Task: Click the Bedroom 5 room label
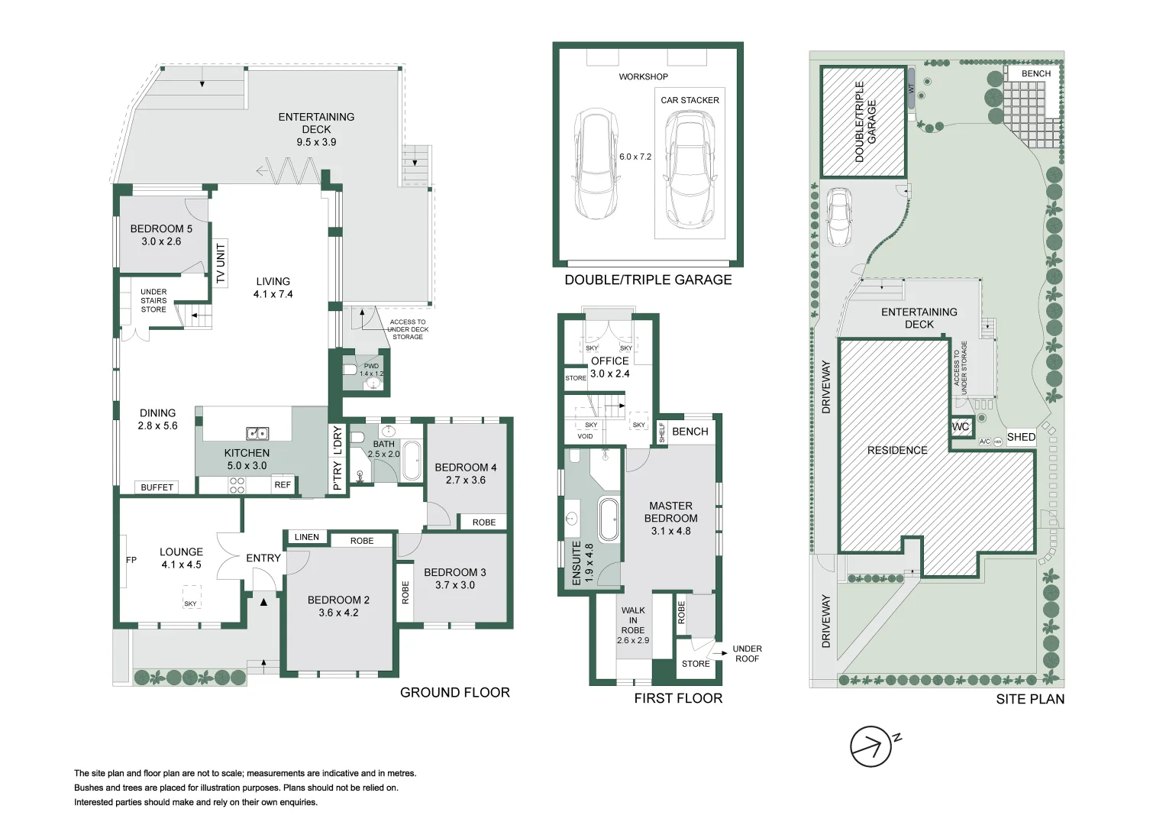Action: tap(161, 235)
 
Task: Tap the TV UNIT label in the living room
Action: tap(221, 264)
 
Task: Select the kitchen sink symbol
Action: tap(257, 433)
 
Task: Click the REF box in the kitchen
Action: tap(283, 485)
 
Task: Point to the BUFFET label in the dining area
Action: tap(157, 487)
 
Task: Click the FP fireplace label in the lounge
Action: tap(131, 560)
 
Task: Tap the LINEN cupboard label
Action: tap(307, 537)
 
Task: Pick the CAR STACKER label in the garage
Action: tap(690, 100)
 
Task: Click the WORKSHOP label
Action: tap(643, 76)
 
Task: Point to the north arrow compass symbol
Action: tap(872, 746)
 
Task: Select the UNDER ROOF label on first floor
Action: tap(747, 654)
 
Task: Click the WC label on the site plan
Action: tap(961, 427)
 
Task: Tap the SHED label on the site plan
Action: tap(1021, 437)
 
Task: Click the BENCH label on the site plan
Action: tap(1036, 73)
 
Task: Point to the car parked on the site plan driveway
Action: tap(839, 217)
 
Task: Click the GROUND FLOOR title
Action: tap(454, 692)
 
